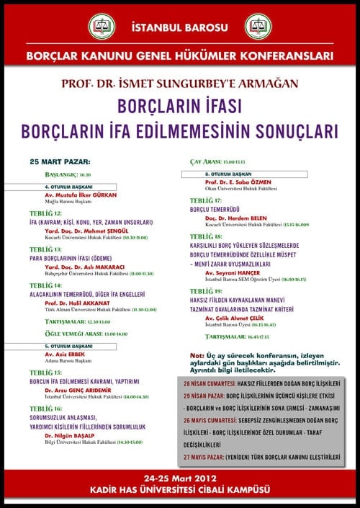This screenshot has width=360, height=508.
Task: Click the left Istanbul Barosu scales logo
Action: [x=102, y=27]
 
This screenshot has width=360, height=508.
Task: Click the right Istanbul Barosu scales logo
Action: [x=258, y=27]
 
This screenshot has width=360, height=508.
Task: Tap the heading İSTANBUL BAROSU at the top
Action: [x=179, y=27]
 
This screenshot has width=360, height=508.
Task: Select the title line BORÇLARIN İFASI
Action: [x=179, y=107]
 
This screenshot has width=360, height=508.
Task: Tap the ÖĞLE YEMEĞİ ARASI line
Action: [x=86, y=334]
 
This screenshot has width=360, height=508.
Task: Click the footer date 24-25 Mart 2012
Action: [x=179, y=478]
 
